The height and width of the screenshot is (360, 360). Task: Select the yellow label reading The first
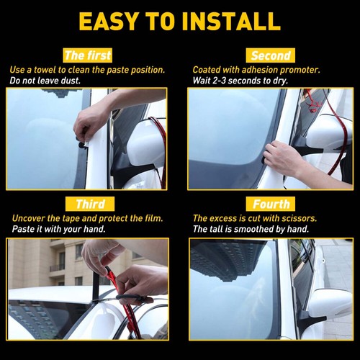[87, 55]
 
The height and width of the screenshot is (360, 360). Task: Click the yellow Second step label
[271, 55]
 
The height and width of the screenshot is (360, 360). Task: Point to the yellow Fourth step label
[271, 204]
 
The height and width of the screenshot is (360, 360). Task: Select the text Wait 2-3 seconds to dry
[239, 81]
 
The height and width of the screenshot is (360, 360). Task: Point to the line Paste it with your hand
[58, 229]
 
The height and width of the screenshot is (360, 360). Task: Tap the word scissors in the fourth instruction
[298, 217]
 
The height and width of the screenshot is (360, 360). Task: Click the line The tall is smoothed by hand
[251, 229]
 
